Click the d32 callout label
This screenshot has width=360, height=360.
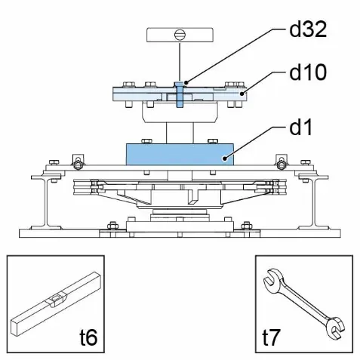point(308,29)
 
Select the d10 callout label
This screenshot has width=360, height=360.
point(308,72)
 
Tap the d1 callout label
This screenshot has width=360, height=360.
point(300,127)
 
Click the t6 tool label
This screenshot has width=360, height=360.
point(88,337)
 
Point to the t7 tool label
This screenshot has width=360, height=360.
point(271,337)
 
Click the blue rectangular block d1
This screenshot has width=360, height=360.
point(180,155)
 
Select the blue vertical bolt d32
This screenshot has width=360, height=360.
point(180,95)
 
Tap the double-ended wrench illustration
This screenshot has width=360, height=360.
point(304,305)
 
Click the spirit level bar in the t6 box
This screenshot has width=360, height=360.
point(57,304)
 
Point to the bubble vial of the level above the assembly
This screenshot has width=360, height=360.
point(180,35)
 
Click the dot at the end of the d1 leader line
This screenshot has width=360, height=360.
point(224,158)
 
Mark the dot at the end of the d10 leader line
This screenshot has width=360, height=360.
point(242,94)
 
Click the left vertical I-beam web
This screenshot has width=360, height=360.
point(47,202)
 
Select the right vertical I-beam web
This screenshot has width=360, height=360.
point(314,202)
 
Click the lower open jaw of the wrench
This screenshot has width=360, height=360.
point(336,329)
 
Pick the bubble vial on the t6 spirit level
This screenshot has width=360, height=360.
point(56,300)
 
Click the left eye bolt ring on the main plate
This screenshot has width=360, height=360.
point(78,165)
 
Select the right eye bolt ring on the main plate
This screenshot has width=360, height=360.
point(282,165)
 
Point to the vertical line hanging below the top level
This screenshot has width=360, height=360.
point(180,62)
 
